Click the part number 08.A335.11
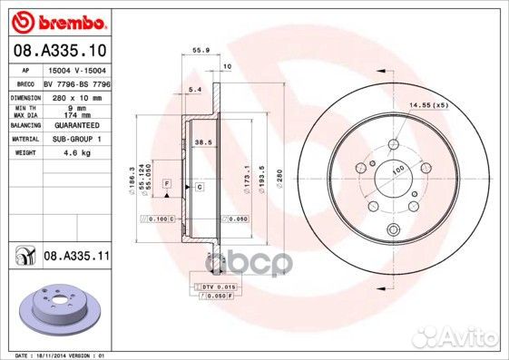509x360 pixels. tap(77, 258)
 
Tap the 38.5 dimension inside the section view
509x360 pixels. tap(203, 143)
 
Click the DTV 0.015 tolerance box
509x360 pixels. tap(217, 287)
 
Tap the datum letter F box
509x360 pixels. tap(167, 184)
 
